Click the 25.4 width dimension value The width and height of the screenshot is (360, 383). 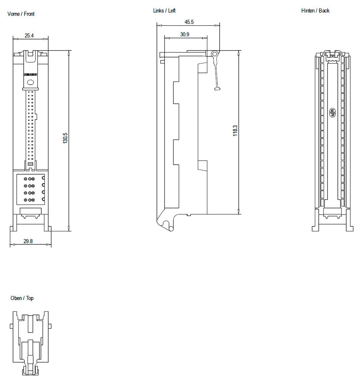tap(29, 36)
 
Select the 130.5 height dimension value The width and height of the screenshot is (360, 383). tap(65, 138)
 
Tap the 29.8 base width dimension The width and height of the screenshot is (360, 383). tap(28, 241)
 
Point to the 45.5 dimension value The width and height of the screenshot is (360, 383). tap(189, 22)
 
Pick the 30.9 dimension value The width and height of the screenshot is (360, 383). tap(185, 34)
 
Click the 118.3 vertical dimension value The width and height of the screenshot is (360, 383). tap(235, 131)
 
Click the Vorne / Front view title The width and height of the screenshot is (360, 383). tap(21, 14)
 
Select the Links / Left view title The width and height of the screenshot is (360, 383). tap(164, 11)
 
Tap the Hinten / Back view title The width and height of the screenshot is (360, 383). tap(315, 11)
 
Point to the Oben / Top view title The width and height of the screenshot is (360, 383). tap(22, 298)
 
